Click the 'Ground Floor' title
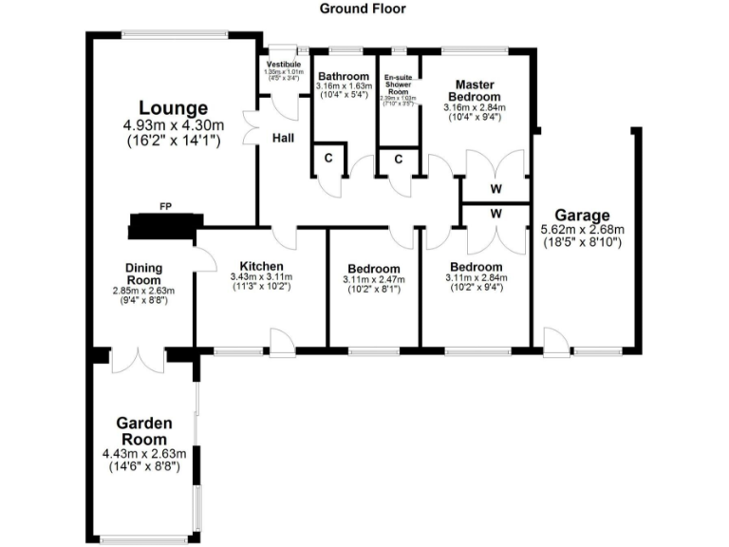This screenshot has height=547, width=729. point(364,9)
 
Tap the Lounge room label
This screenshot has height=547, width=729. point(173,107)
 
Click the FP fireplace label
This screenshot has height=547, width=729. point(165,205)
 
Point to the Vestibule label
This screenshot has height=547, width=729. point(283,65)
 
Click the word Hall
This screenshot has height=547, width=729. point(283,138)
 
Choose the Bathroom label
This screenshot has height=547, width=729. point(343,77)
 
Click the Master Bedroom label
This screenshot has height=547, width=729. point(475,89)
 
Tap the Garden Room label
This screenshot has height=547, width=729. point(143,431)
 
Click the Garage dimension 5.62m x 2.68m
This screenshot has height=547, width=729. point(582,230)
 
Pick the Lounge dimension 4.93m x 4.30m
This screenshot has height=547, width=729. point(173,124)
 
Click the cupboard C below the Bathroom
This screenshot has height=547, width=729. point(328,158)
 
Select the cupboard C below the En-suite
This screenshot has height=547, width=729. point(399,158)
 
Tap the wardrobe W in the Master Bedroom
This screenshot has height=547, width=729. point(495,188)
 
